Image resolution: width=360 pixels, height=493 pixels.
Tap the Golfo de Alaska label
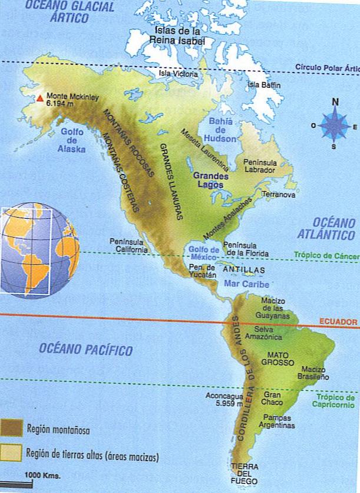pyautogui.click(x=73, y=140)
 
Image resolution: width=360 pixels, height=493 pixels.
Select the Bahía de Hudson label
pyautogui.click(x=221, y=130)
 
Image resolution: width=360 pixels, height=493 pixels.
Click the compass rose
pyautogui.click(x=335, y=125)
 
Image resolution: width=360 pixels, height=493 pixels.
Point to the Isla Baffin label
pyautogui.click(x=264, y=86)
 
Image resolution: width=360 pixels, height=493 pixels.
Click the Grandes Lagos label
pyautogui.click(x=210, y=179)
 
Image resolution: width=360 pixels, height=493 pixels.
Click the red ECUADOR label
pyautogui.click(x=338, y=322)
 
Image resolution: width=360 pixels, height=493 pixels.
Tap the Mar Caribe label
pyautogui.click(x=243, y=283)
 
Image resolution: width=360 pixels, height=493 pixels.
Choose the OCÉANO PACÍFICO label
pyautogui.click(x=85, y=350)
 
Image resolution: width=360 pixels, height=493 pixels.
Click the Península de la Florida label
pyautogui.click(x=241, y=249)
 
